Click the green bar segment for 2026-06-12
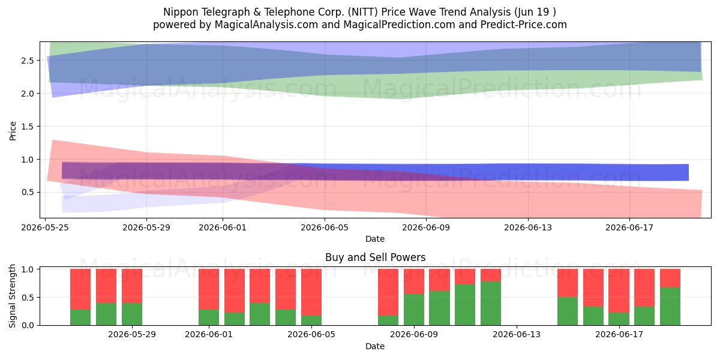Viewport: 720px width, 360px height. click(491, 303)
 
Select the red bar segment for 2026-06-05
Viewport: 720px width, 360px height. click(311, 292)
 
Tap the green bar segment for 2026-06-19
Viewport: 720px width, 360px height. click(670, 306)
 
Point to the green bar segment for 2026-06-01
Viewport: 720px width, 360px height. click(209, 317)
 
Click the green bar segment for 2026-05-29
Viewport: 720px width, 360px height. click(132, 314)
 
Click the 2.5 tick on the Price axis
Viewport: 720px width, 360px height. click(28, 61)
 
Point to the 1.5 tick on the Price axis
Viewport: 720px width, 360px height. click(28, 127)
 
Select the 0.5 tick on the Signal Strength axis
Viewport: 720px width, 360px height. click(28, 298)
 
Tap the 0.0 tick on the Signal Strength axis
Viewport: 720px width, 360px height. click(28, 325)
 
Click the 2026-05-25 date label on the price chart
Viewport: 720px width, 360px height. click(45, 227)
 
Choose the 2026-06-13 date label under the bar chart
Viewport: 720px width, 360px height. click(517, 335)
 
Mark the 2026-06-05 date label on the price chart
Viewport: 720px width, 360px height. click(325, 227)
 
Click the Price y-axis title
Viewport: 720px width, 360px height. click(13, 131)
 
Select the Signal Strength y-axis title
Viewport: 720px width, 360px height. click(12, 296)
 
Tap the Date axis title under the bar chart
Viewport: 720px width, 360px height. click(375, 346)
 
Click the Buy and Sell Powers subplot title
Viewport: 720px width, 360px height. click(375, 257)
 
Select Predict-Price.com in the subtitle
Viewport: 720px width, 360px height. click(523, 25)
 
